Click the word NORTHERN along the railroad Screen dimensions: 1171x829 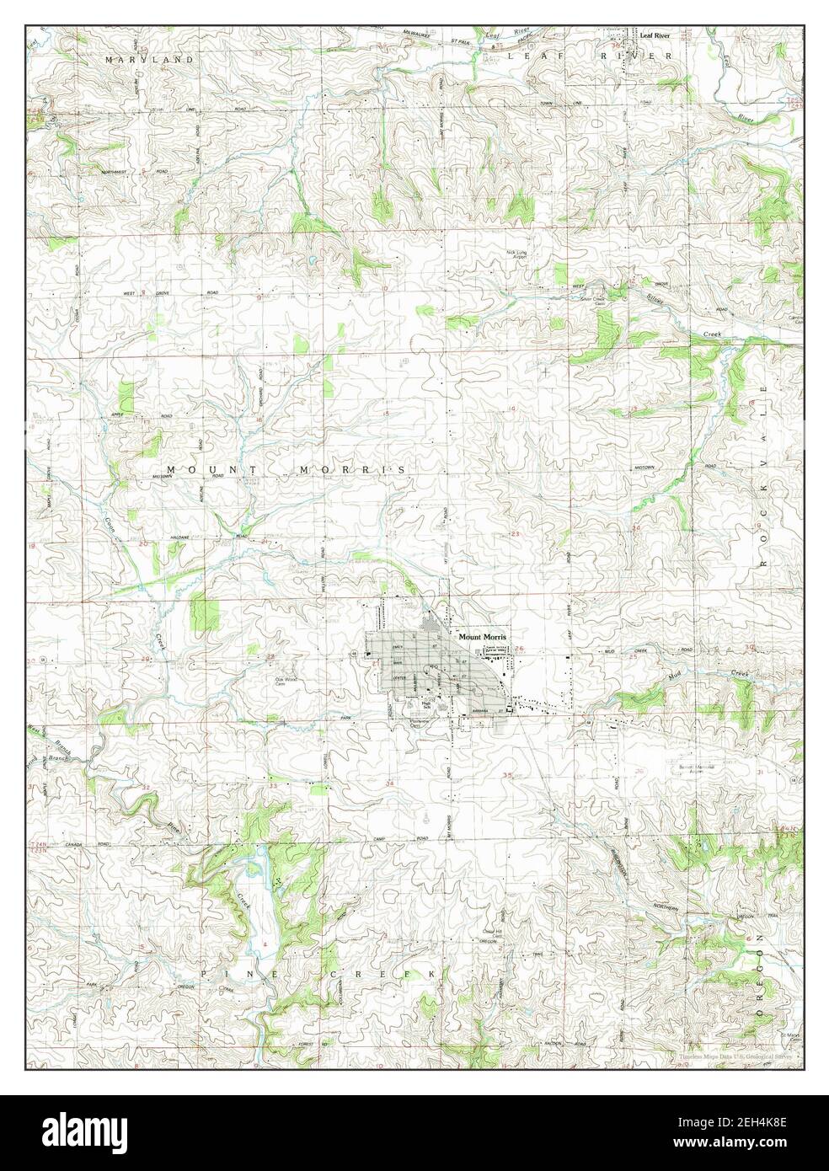pos(666,906)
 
